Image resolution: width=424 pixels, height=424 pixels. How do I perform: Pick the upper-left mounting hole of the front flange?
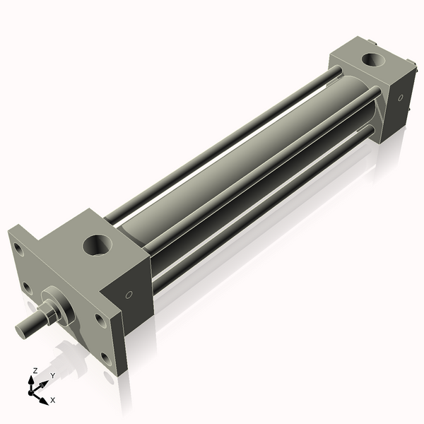click(x=16, y=248)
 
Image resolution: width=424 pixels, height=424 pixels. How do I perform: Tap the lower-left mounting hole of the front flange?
click(x=26, y=288)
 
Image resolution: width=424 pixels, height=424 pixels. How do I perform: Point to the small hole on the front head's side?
click(x=129, y=295)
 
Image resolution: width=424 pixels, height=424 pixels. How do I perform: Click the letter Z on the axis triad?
click(x=34, y=370)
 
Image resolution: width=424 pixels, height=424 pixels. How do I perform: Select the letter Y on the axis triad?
click(x=52, y=376)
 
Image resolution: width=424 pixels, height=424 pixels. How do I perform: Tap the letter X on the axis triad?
click(x=52, y=400)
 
